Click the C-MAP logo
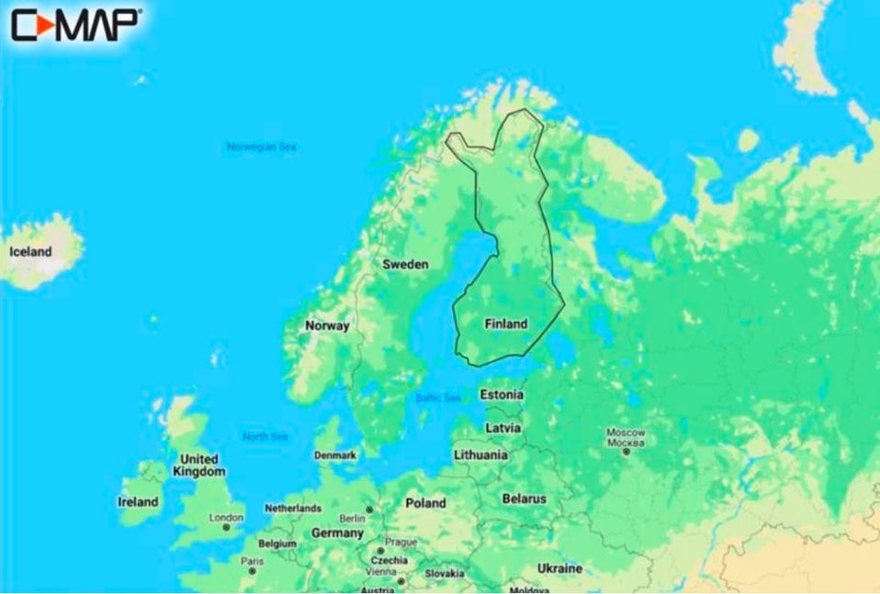point(76,25)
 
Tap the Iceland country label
point(30,251)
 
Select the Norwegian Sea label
point(261,147)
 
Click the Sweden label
point(404,264)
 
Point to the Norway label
point(327,325)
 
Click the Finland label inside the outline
point(505,324)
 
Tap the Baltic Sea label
point(438,398)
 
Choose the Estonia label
point(502,395)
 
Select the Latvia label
point(502,428)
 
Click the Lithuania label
point(480,455)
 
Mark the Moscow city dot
point(626,451)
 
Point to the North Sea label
point(266,436)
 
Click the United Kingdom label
point(199,465)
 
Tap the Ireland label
point(137,501)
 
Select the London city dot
point(226,527)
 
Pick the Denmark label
point(335,456)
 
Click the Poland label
point(425,503)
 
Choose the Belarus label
point(523,499)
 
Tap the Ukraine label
point(558,568)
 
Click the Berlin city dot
point(369,509)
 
